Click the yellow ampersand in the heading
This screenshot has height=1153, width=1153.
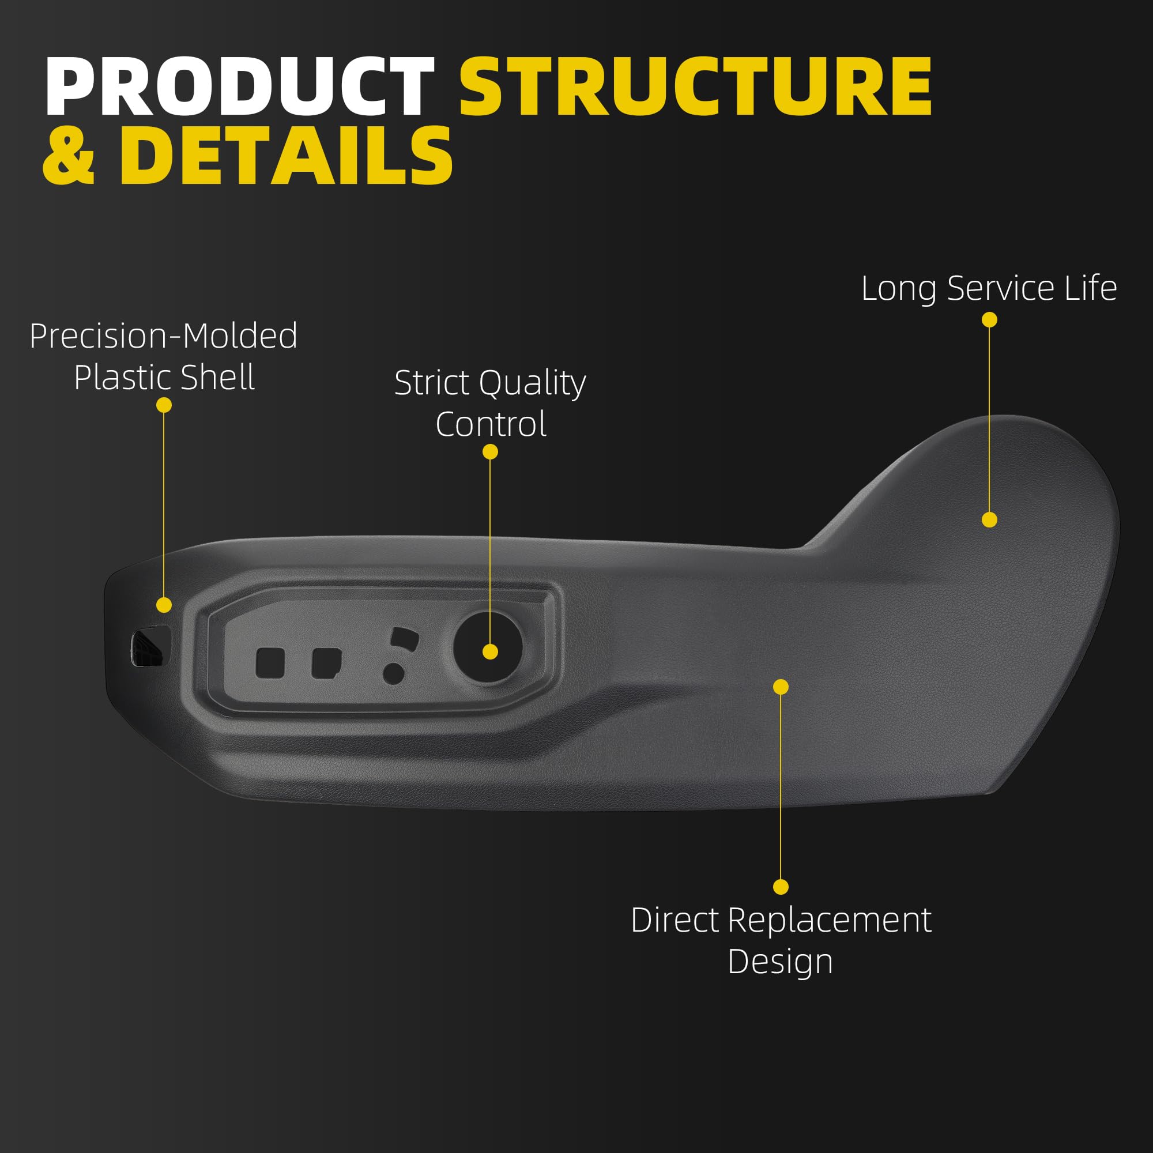click(x=69, y=156)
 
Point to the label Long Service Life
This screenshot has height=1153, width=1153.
click(x=989, y=289)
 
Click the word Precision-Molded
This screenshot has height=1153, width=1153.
click(x=164, y=336)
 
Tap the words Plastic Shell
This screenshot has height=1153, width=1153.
click(x=164, y=378)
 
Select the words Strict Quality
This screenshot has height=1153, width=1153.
click(x=490, y=383)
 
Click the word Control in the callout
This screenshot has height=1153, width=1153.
click(x=491, y=424)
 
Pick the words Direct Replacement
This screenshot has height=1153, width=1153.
click(x=781, y=920)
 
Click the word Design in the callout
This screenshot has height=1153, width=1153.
click(x=780, y=962)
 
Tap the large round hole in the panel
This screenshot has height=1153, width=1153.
click(x=488, y=647)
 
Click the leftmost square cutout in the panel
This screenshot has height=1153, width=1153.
click(x=270, y=663)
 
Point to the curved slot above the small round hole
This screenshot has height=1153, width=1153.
click(x=404, y=639)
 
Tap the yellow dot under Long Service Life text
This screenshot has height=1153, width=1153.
click(x=989, y=320)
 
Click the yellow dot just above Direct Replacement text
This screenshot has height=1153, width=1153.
click(x=781, y=887)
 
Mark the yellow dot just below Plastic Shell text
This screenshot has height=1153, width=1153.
click(x=164, y=405)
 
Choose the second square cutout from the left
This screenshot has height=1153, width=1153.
click(x=326, y=663)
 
